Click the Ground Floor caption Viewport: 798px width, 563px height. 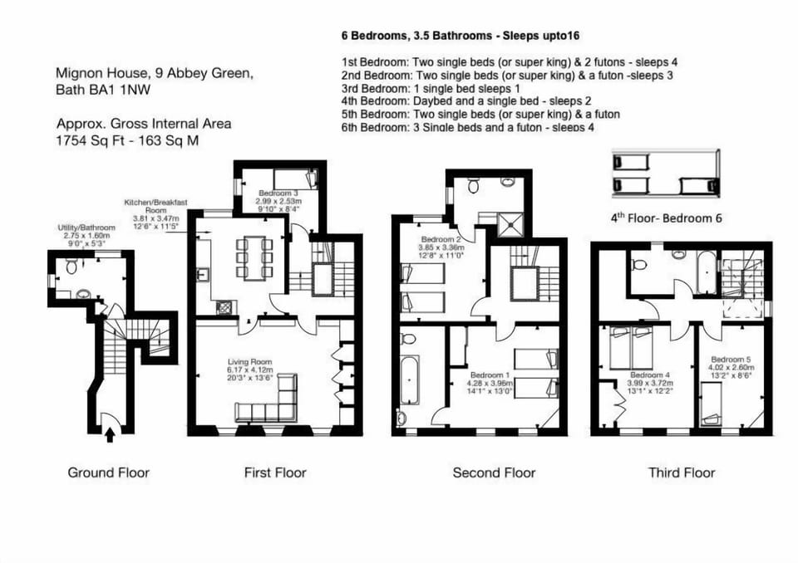pyautogui.click(x=108, y=472)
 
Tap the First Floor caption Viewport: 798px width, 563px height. pyautogui.click(x=275, y=472)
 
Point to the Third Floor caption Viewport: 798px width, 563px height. pyautogui.click(x=682, y=472)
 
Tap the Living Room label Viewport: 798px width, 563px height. pyautogui.click(x=250, y=361)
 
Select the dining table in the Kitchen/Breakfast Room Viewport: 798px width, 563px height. pyautogui.click(x=251, y=257)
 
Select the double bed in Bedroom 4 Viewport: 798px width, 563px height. pyautogui.click(x=632, y=348)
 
